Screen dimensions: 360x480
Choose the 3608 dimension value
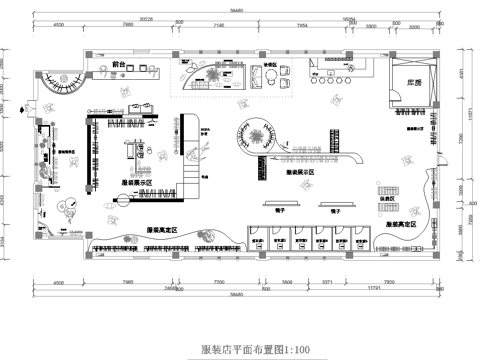pyautogui.click(x=286, y=283)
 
